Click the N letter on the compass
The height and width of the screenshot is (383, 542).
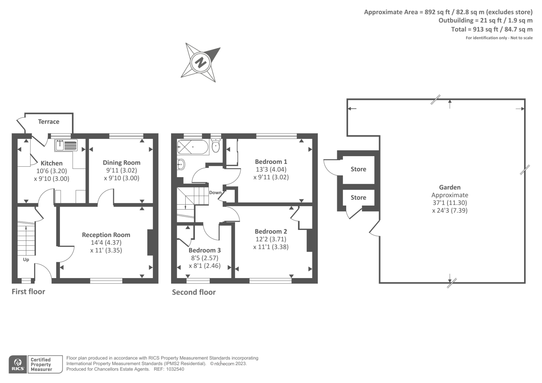201,63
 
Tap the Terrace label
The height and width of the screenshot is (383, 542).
49,122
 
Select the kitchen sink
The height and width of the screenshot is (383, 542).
66,145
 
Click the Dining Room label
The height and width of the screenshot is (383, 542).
122,163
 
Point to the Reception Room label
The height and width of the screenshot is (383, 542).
106,235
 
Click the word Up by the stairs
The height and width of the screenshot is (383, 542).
26,260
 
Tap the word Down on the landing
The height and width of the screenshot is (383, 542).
215,193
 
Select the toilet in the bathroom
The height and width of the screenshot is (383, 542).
215,146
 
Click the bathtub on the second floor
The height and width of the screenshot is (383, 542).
193,147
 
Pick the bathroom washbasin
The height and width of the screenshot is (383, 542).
181,165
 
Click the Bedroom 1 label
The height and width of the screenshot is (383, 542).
271,162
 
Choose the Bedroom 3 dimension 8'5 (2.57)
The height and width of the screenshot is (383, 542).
205,258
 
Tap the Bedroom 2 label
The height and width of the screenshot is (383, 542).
271,231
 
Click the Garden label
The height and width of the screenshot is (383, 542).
450,187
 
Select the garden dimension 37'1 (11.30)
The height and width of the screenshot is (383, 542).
450,203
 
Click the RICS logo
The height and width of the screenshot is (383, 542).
18,364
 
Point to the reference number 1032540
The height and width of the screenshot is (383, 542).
175,369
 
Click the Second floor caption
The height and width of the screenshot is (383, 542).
194,292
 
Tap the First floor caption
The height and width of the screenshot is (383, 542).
28,292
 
